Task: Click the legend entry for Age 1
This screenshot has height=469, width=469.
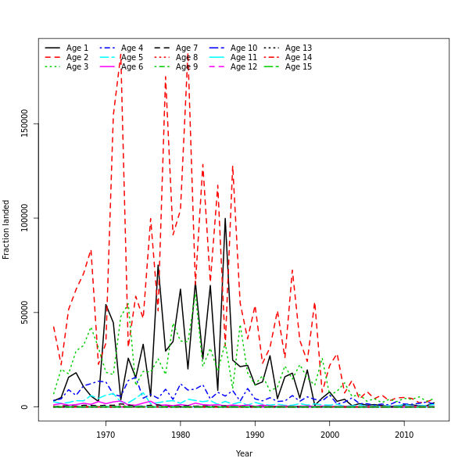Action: coord(77,48)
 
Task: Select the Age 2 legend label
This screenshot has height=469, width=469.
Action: coord(77,58)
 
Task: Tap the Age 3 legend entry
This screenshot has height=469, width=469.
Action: coord(77,67)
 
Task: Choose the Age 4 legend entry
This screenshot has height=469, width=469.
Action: coord(132,48)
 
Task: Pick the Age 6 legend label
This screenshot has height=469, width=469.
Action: coord(132,67)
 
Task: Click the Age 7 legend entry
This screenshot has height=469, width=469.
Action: coord(187,48)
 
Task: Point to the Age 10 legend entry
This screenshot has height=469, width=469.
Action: coord(243,48)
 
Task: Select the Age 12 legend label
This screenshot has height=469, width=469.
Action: coord(243,67)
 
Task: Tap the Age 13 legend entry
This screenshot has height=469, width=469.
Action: coord(298,48)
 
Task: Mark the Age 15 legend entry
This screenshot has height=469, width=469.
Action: coord(298,67)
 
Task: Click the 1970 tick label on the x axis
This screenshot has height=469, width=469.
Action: coord(106,435)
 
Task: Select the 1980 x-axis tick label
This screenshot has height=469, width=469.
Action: coord(181,435)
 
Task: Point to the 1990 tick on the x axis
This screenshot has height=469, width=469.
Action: coord(255,435)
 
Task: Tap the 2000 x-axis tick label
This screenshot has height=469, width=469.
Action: coord(330,435)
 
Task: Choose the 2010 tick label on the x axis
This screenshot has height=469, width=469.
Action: coord(404,435)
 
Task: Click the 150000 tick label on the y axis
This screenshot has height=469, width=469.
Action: coord(24,123)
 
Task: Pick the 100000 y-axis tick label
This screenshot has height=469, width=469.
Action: coord(24,217)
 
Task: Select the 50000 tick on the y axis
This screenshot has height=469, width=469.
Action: coord(24,312)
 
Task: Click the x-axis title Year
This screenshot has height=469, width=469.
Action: coord(244,453)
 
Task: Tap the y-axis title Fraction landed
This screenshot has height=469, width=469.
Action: coord(6,228)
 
